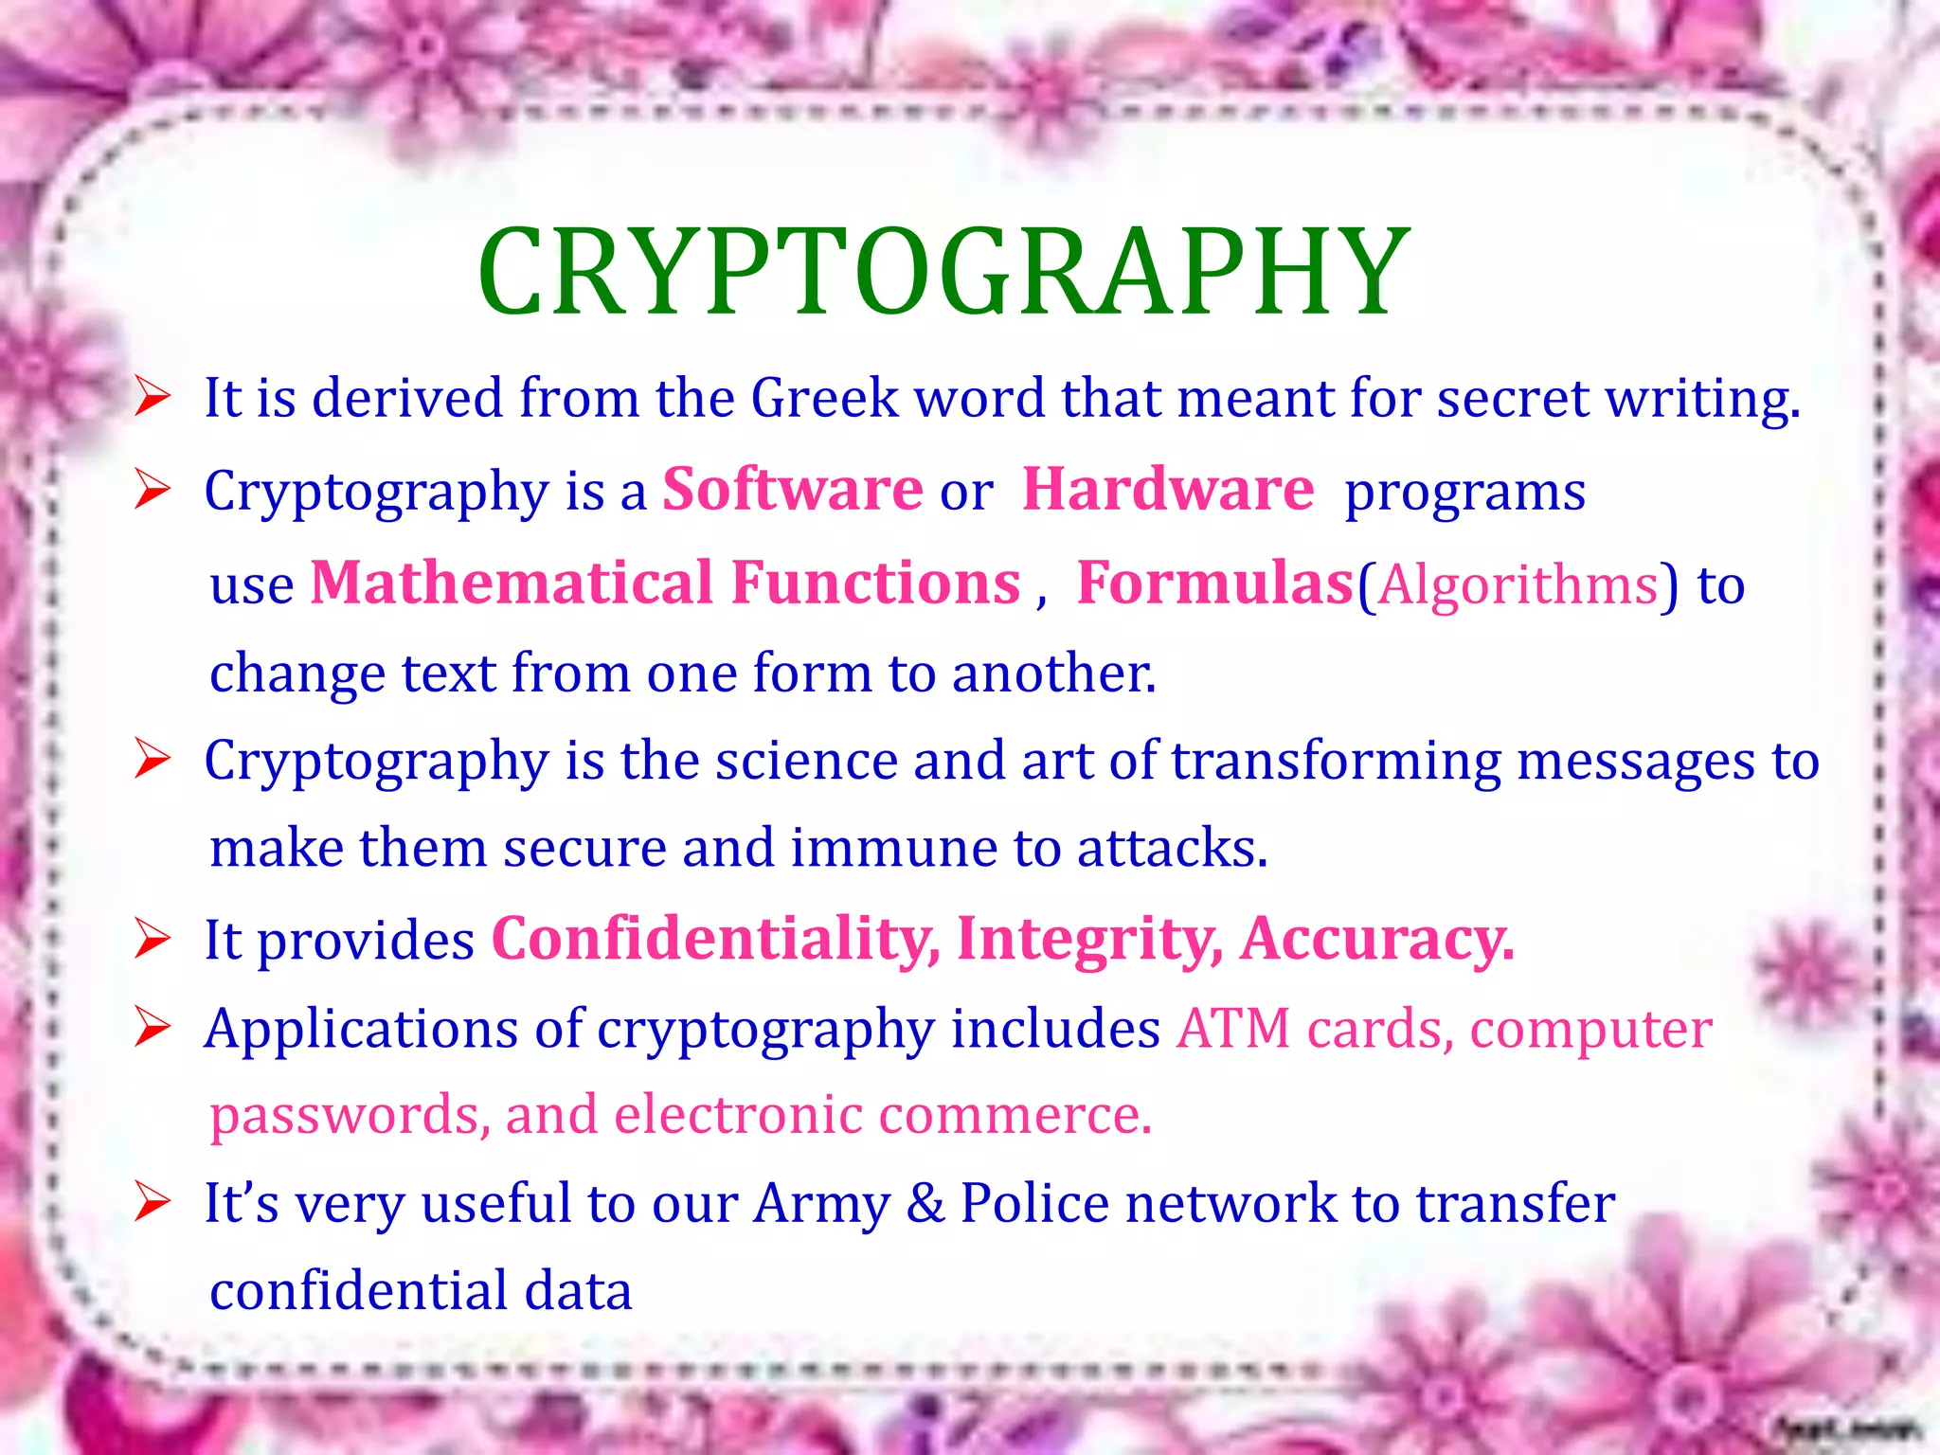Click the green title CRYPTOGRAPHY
coord(943,273)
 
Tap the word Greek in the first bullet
coord(824,398)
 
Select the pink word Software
coord(792,490)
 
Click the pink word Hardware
coord(1168,490)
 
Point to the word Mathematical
coord(511,583)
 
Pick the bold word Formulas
coord(1214,583)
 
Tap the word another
coord(1053,674)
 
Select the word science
coord(806,761)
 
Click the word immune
coord(893,848)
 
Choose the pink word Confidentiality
coord(715,939)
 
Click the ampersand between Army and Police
coord(925,1203)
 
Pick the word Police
coord(1034,1203)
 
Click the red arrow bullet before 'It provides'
coord(152,939)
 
